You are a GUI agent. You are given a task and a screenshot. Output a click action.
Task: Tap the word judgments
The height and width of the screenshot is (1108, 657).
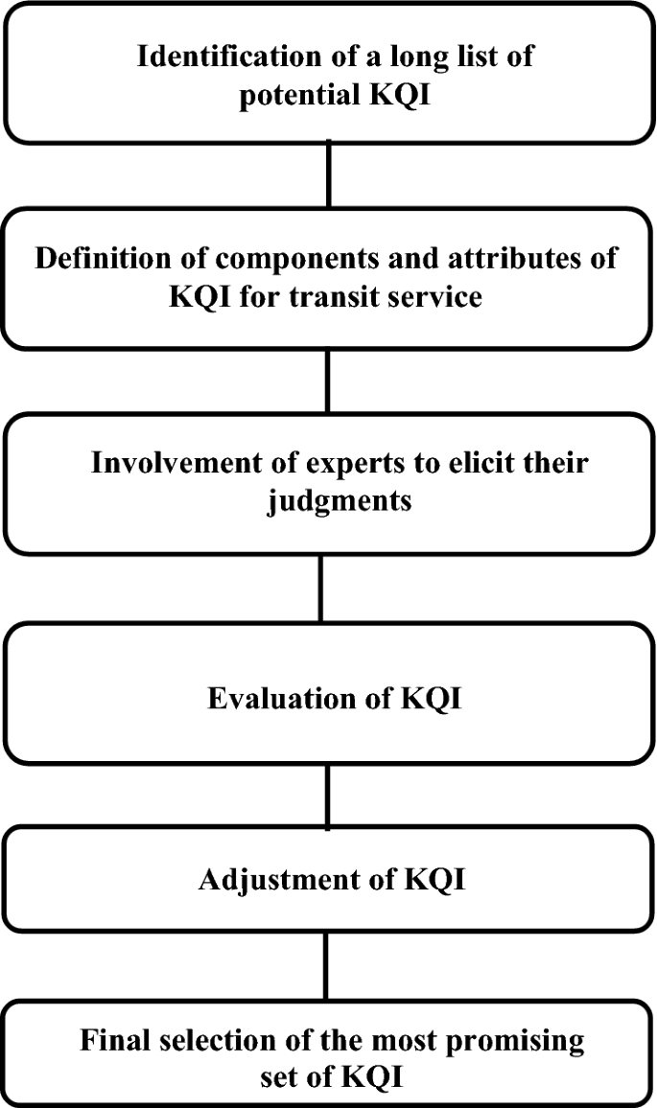[338, 500]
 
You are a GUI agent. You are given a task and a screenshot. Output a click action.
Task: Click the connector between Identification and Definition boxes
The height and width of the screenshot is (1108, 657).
[329, 175]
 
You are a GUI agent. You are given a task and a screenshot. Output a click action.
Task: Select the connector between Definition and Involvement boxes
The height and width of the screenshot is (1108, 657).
[329, 381]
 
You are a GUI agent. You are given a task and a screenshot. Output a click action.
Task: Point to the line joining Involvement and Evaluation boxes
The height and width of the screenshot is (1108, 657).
[320, 588]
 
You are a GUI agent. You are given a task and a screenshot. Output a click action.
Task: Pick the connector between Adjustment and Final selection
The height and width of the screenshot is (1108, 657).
[326, 964]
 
